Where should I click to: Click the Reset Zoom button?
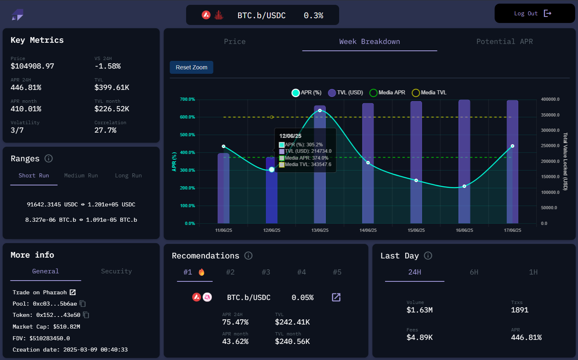[x=191, y=67]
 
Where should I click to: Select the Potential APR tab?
[x=504, y=42]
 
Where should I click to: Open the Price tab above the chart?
[x=234, y=42]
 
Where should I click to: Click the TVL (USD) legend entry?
[x=346, y=93]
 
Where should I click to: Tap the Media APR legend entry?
[x=387, y=93]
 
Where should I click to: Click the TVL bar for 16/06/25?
[x=464, y=161]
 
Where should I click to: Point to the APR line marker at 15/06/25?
[x=416, y=180]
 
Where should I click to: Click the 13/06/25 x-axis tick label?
[x=320, y=230]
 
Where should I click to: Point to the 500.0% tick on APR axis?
[x=187, y=135]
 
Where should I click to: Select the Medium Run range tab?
[x=81, y=176]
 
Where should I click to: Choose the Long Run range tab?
[x=128, y=176]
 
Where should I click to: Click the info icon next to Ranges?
[x=49, y=158]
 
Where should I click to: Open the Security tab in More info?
[x=116, y=271]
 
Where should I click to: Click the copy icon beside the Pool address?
[x=83, y=304]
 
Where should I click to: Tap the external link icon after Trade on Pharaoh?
[x=73, y=292]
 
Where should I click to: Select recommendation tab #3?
[x=266, y=272]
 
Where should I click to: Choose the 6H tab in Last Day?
[x=474, y=272]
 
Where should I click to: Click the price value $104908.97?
[x=32, y=66]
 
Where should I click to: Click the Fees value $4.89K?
[x=419, y=337]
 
